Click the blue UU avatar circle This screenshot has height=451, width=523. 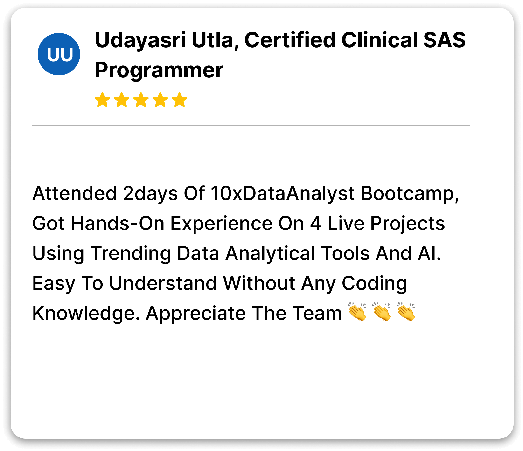click(x=59, y=54)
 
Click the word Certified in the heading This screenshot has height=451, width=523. click(x=290, y=40)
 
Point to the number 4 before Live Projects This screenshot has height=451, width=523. click(x=315, y=223)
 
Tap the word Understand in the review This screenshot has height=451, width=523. click(x=163, y=283)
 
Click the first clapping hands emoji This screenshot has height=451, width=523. click(x=357, y=312)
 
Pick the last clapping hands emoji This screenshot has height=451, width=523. click(x=406, y=312)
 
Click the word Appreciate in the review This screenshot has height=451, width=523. click(x=196, y=314)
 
